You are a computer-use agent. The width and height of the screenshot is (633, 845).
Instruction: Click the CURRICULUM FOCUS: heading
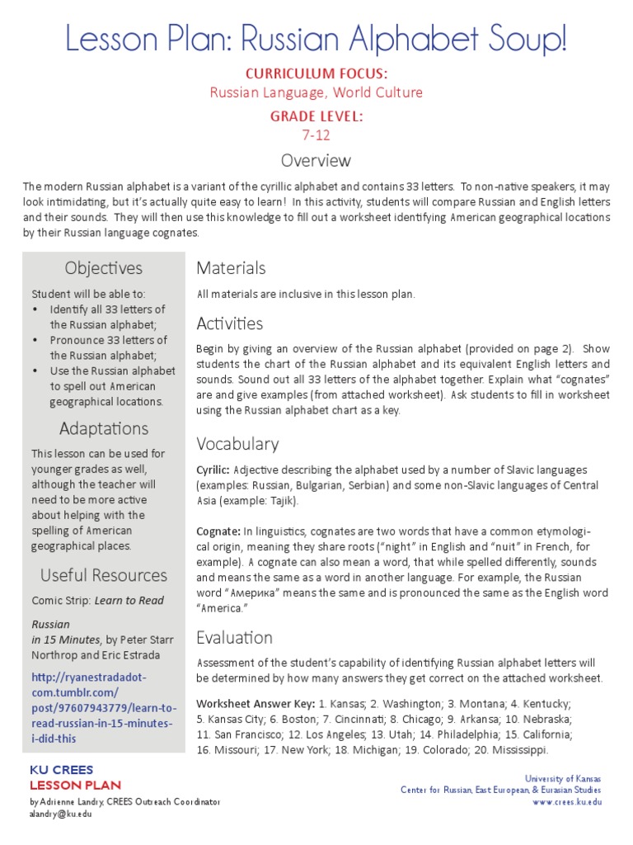point(316,74)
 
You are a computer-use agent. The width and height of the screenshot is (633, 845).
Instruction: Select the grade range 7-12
point(316,135)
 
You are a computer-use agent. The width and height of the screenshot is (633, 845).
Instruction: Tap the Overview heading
point(316,160)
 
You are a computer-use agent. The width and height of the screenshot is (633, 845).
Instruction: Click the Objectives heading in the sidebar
point(103,268)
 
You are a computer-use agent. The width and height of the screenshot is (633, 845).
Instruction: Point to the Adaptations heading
point(103,428)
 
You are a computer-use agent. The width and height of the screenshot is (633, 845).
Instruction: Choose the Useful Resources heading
point(103,575)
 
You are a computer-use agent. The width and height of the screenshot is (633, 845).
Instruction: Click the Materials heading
point(231,268)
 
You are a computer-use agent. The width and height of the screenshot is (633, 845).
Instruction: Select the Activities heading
point(230,323)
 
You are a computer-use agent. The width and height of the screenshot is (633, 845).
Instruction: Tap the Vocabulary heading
point(237,444)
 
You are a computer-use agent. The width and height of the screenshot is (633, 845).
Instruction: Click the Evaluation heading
point(234,638)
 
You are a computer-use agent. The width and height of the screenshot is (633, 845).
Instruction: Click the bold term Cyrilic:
point(213,470)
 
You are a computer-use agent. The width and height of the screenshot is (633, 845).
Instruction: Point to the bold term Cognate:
point(218,530)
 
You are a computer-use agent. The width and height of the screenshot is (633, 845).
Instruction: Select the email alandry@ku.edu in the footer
point(61,814)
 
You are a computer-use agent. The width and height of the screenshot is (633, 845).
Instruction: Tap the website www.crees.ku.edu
point(567,801)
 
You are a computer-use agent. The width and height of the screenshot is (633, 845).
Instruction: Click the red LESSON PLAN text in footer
point(75,785)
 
